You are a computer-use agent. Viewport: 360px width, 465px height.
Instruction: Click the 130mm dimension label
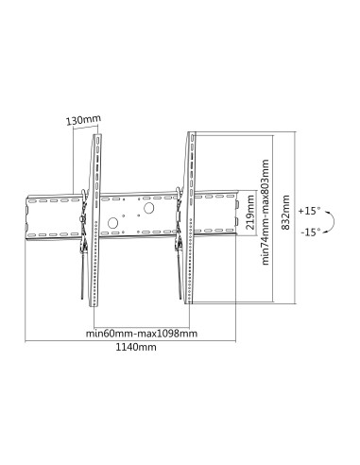84,120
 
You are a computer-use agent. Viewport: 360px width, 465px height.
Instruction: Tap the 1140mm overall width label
136,347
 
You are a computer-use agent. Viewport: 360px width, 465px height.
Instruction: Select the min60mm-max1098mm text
142,334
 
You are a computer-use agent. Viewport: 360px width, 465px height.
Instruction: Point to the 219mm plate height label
250,212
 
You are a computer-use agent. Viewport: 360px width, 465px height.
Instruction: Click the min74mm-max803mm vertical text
266,212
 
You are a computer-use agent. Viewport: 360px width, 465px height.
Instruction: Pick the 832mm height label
285,213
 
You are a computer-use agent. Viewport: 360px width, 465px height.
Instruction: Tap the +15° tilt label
309,211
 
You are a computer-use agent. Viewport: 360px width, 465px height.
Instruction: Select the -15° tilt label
310,232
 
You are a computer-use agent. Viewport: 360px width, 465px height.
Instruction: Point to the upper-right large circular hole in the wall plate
148,208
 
